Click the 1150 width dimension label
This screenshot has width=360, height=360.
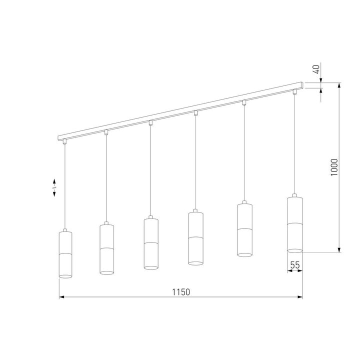(181, 291)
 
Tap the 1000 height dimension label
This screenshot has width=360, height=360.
(334, 167)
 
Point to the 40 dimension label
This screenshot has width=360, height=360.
(316, 69)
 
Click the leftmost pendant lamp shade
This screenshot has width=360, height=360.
(66, 254)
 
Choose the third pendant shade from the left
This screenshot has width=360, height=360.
(151, 243)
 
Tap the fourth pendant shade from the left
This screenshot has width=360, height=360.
(195, 237)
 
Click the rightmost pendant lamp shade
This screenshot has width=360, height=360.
(294, 223)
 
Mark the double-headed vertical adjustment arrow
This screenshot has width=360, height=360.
(55, 188)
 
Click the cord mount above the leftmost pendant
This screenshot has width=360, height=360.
(65, 141)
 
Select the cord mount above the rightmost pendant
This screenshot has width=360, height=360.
(294, 91)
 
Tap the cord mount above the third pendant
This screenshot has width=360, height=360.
(151, 122)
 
